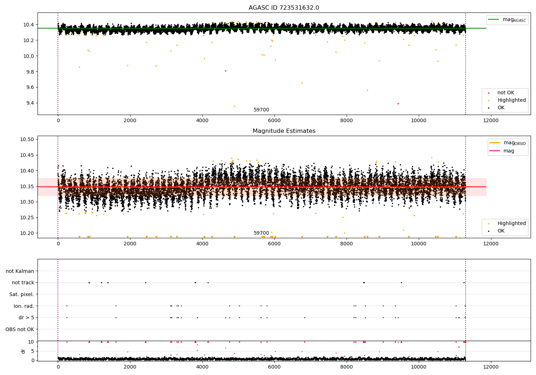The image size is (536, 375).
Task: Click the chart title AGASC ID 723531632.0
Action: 284,8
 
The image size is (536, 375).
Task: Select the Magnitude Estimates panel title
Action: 284,131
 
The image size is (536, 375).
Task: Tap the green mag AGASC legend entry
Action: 507,20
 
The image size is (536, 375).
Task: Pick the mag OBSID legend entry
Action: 507,143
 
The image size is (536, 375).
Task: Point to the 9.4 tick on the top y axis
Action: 29,103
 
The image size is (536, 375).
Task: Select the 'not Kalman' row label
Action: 20,271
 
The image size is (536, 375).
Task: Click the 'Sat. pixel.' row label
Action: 22,294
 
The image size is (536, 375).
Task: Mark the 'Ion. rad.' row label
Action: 24,306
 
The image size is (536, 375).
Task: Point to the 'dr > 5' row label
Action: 26,317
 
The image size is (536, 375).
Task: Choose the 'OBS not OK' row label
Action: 20,329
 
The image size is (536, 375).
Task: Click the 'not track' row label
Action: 23,283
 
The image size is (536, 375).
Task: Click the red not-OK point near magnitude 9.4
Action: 398,104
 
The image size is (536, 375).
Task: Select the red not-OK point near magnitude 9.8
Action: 225,71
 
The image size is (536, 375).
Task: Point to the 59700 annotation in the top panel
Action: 261,110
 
